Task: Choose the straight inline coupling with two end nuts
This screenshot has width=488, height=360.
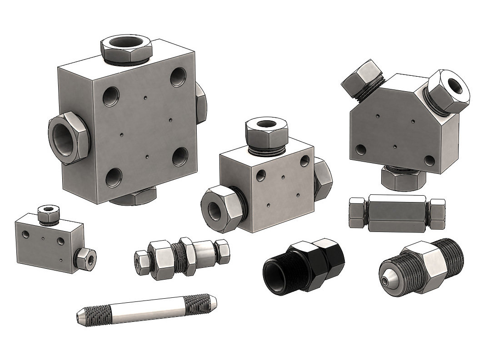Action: point(396,211)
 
